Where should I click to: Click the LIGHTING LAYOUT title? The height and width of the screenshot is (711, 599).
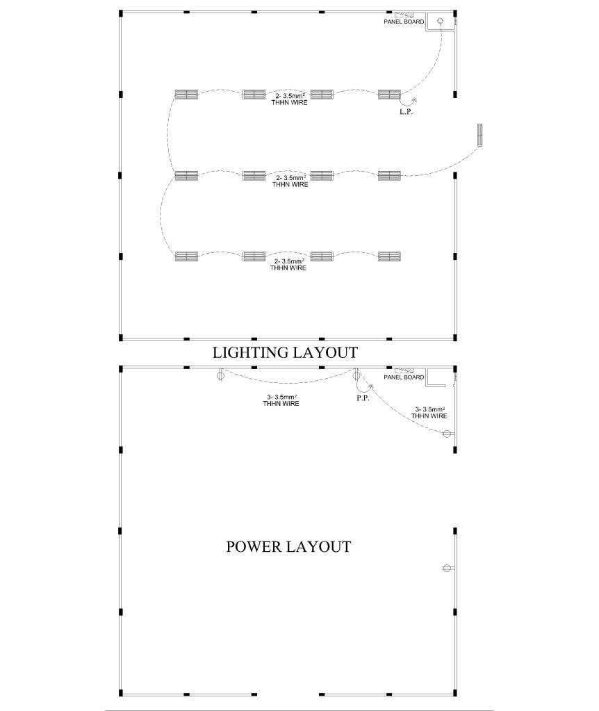pos(285,352)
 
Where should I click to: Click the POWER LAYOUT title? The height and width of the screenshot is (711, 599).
pos(288,546)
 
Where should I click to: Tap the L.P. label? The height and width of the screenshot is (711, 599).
pos(407,111)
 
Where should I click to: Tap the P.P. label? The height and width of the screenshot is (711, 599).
pos(363,398)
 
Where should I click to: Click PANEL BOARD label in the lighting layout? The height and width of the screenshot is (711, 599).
pos(404,22)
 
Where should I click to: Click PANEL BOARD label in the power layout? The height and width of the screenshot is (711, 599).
pos(404,377)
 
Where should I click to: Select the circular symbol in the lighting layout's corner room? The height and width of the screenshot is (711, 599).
pos(439,21)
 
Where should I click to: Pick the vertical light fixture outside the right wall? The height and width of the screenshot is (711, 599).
pos(479,135)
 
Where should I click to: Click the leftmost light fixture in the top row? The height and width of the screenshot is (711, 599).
pos(187,95)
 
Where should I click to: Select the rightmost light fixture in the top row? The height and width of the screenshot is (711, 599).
pos(390,95)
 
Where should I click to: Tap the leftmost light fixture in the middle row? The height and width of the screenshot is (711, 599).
pos(187,175)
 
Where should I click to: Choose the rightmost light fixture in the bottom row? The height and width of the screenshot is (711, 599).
pos(390,256)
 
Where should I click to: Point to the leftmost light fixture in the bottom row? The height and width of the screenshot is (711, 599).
pos(187,256)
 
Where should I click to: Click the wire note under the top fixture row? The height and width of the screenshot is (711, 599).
pos(290,99)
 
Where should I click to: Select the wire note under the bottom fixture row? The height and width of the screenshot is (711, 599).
pos(288,264)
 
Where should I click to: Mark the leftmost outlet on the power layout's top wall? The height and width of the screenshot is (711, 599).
pos(220,375)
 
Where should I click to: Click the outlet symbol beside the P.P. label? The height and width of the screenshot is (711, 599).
pos(356,375)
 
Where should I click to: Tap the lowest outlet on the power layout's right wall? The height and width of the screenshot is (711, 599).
pos(448,568)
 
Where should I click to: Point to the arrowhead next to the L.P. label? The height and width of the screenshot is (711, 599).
pos(414,100)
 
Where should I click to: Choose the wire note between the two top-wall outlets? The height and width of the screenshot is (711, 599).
pos(281,400)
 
